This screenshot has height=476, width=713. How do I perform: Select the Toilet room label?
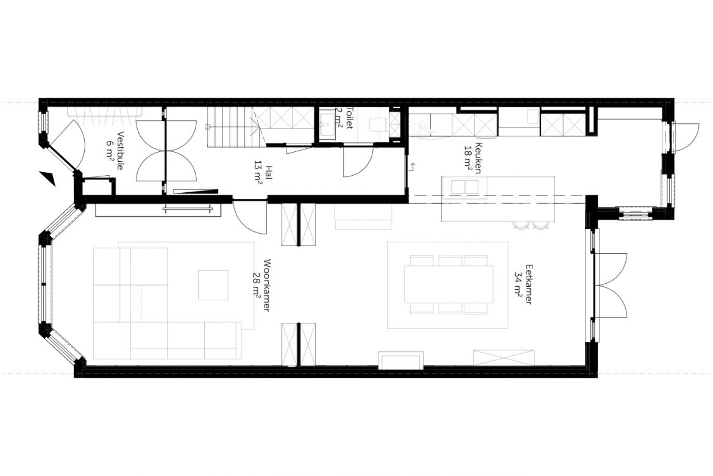point(349,118)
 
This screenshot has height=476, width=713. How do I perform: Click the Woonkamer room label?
point(267,286)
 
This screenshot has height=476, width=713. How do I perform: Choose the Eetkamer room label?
point(528,284)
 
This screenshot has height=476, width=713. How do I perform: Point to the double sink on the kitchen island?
point(465,187)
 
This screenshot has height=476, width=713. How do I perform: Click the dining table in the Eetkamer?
point(449,285)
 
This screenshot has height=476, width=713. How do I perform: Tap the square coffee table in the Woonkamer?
point(213,285)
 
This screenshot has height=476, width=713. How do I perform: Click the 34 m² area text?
point(518,284)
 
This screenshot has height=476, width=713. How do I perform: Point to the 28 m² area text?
point(257,286)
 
